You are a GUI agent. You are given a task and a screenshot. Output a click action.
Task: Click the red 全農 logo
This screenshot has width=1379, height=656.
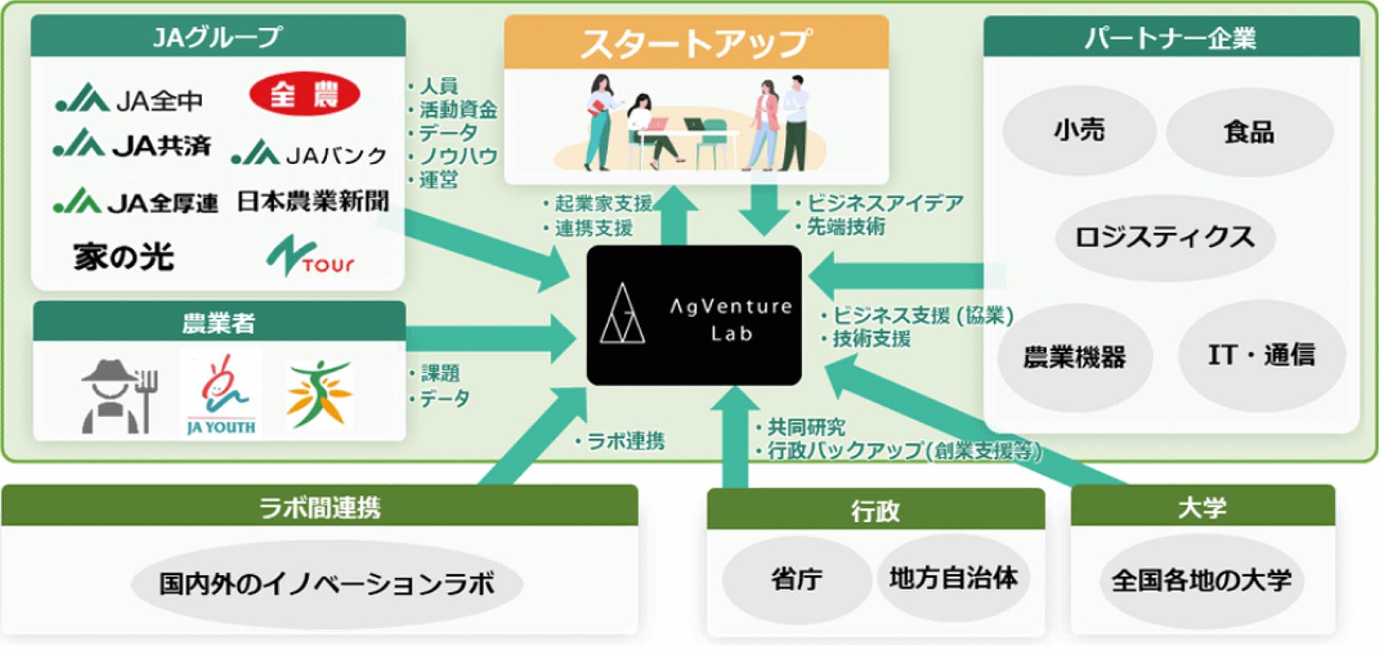click(x=304, y=95)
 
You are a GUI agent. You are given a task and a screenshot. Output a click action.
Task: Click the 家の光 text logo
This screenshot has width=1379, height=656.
click(x=123, y=257)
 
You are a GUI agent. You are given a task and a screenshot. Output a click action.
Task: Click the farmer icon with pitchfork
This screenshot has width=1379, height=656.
click(x=119, y=396)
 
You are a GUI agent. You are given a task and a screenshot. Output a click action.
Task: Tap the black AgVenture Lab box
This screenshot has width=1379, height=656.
click(x=694, y=316)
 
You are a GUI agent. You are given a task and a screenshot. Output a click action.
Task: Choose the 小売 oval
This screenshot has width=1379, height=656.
click(x=1079, y=130)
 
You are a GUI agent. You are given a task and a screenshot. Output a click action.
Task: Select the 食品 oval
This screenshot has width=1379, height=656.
click(x=1248, y=132)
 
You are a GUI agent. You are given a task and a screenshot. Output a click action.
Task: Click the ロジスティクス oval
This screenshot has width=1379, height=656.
click(x=1164, y=237)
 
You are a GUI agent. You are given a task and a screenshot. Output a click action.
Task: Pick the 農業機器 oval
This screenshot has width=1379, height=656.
click(x=1074, y=357)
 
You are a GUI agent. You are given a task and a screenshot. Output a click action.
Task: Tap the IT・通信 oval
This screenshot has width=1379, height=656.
click(x=1261, y=354)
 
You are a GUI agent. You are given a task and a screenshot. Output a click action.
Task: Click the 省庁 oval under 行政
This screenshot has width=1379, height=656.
click(x=796, y=579)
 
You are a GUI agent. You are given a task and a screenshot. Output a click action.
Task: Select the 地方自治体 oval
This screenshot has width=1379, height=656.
click(x=953, y=577)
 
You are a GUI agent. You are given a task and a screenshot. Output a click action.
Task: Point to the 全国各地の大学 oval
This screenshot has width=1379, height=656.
click(x=1201, y=581)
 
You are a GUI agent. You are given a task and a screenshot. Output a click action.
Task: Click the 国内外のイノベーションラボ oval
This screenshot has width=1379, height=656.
click(x=327, y=584)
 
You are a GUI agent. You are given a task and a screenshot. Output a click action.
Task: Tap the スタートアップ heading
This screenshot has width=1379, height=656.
click(x=696, y=43)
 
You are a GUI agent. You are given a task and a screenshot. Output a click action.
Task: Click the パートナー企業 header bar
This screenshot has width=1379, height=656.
click(x=1171, y=38)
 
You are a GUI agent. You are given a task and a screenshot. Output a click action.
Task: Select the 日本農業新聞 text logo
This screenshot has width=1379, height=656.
click(x=313, y=201)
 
